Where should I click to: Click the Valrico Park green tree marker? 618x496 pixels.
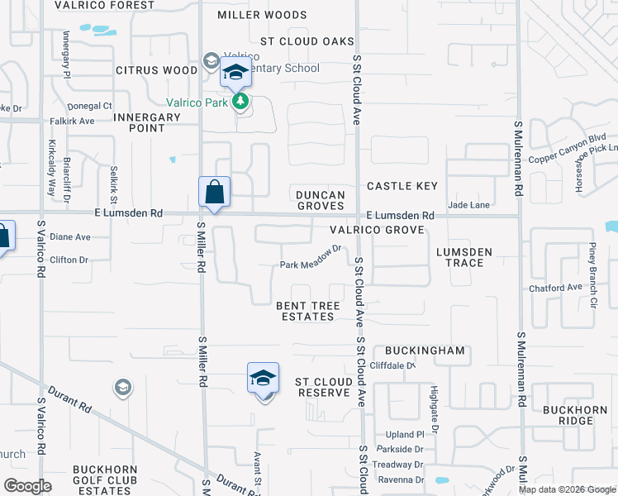(x=240, y=102)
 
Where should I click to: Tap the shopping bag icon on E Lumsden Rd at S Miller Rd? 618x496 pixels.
(x=214, y=193)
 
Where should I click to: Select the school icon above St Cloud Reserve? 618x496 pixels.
(x=263, y=378)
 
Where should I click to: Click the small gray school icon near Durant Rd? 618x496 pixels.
(x=122, y=387)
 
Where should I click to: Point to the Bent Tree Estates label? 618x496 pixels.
(x=308, y=311)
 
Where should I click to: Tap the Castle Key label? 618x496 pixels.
(x=402, y=186)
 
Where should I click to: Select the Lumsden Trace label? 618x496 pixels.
(x=463, y=257)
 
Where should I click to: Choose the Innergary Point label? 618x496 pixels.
(x=147, y=122)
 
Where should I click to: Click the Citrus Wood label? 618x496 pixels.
(x=157, y=70)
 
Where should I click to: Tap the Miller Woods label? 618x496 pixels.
(x=262, y=15)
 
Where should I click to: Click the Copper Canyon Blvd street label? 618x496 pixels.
(x=568, y=148)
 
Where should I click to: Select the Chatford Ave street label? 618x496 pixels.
(x=556, y=288)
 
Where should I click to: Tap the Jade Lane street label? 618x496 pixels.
(x=469, y=204)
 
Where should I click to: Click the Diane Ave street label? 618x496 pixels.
(x=70, y=236)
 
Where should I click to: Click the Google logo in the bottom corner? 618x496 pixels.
(x=28, y=486)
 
